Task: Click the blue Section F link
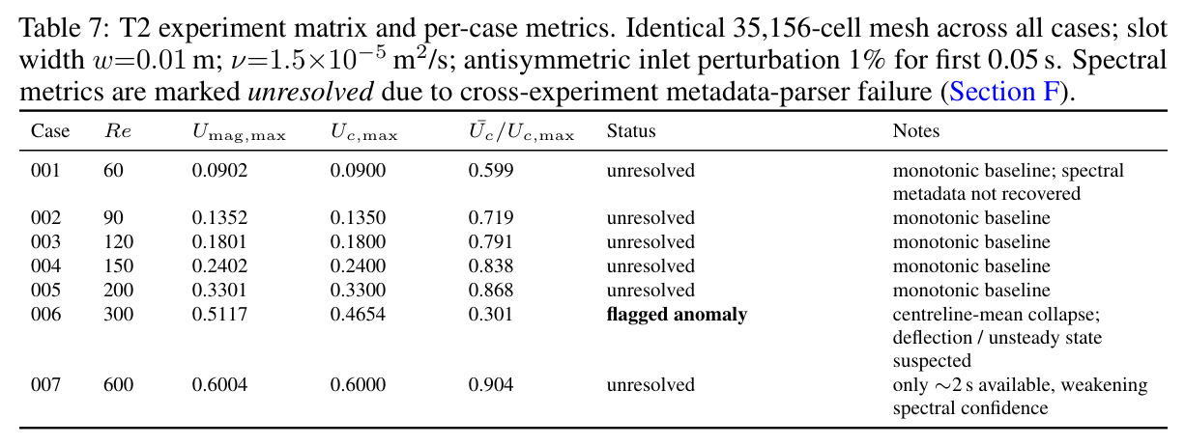1004,92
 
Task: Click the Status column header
631,130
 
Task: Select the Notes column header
915,130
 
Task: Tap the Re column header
118,130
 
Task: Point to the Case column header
50,130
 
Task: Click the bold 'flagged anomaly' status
677,315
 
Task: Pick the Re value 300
119,315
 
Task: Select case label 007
45,385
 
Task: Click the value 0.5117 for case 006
219,315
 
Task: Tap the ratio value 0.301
490,315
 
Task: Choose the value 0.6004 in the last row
219,385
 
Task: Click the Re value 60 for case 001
113,170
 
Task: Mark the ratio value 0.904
490,385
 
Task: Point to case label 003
45,242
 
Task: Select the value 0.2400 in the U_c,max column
358,265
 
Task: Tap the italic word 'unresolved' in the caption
311,92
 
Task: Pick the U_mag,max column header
239,132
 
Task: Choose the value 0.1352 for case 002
219,218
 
